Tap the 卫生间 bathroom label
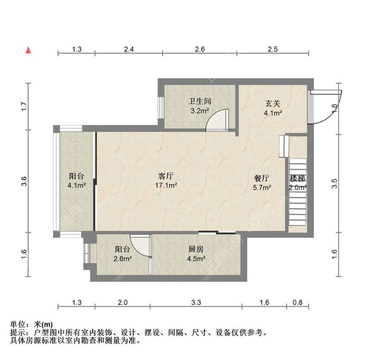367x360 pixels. pos(199,101)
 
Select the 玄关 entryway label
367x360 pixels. pos(273,103)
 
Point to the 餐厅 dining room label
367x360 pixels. pos(262,178)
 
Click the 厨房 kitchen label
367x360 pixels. pos(196,249)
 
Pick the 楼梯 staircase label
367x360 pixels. pos(298,178)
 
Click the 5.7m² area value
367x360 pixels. pos(262,188)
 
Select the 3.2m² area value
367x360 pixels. pos(199,111)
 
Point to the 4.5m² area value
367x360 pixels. pos(196,259)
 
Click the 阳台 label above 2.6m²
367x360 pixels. pos(123,249)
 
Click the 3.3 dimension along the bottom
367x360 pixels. pos(196,302)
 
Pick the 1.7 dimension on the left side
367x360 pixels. pos(23,105)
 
